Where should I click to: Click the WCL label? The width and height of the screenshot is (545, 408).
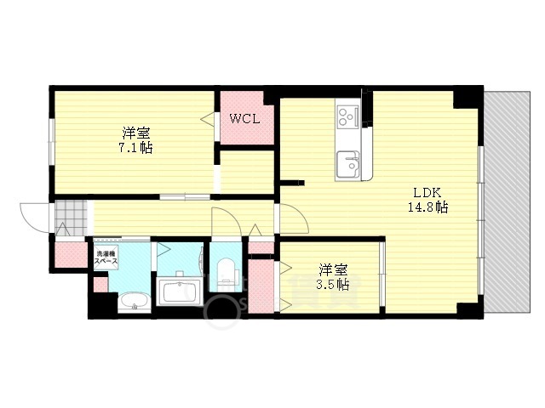[x=244, y=118]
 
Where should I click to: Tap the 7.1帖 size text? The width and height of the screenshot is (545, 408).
[x=135, y=147]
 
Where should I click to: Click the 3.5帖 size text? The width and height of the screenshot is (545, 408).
[x=332, y=285]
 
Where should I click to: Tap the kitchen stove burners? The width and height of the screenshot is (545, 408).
[x=349, y=117]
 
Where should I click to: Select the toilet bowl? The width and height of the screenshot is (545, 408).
[x=227, y=273]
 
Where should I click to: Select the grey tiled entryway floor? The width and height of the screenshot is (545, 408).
[x=72, y=218]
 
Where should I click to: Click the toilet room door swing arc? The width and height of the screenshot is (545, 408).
[x=223, y=221]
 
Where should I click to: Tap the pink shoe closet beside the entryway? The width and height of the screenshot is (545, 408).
[x=66, y=253]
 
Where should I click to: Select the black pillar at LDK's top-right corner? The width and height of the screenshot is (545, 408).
[x=466, y=98]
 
